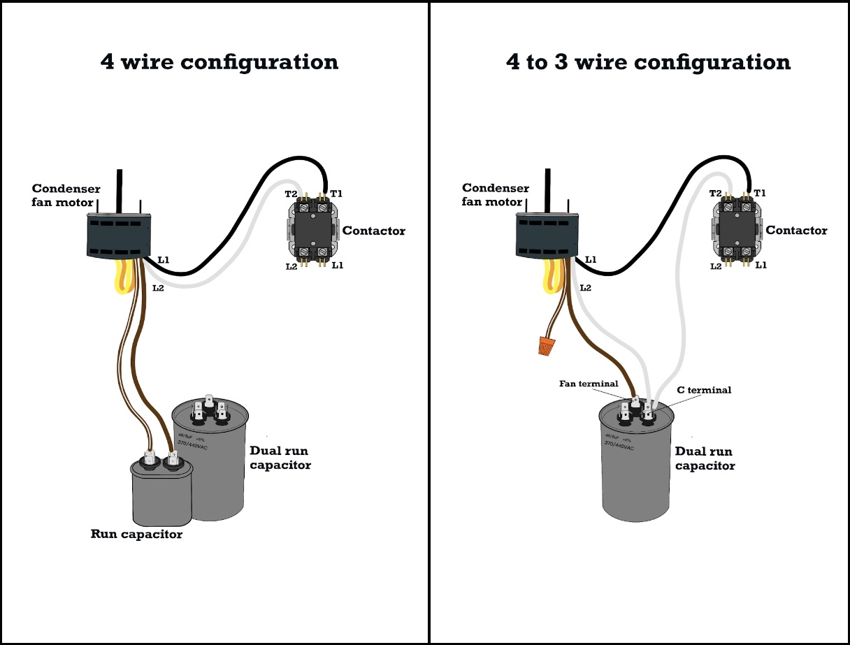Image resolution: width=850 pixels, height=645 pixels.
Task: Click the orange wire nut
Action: click(x=546, y=345)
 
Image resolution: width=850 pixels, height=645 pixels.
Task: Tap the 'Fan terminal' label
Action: click(x=589, y=384)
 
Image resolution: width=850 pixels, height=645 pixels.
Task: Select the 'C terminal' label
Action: click(x=704, y=390)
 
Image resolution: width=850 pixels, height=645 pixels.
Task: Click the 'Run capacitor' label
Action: click(x=136, y=535)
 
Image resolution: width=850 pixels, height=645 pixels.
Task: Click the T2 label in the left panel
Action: click(x=291, y=194)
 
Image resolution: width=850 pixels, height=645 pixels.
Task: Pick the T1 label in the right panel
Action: click(x=759, y=193)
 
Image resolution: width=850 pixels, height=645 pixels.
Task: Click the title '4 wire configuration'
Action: click(x=219, y=61)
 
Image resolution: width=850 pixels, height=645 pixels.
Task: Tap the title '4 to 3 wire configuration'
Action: click(x=648, y=61)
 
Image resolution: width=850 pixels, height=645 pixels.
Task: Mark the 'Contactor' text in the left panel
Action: click(x=373, y=231)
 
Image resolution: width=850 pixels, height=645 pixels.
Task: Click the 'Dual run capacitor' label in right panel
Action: click(x=705, y=458)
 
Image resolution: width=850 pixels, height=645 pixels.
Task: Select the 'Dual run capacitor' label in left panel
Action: click(x=280, y=458)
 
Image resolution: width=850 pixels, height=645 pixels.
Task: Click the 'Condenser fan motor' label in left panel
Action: click(x=66, y=196)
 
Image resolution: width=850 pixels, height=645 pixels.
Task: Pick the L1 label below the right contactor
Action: click(x=761, y=266)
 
